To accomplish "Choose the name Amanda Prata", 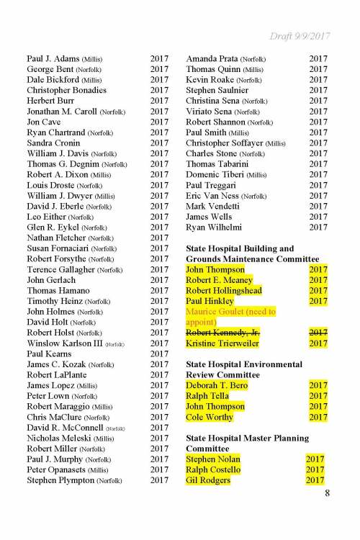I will (211, 58).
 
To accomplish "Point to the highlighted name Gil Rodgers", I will (208, 480).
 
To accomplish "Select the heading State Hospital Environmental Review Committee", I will (243, 369).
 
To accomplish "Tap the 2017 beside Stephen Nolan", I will (315, 459).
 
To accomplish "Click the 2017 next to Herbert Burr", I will (159, 101).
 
